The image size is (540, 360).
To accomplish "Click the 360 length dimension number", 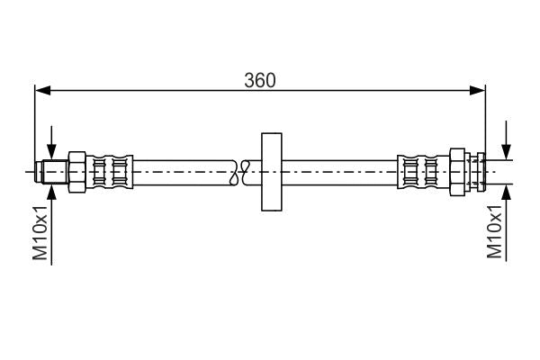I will pos(259,79).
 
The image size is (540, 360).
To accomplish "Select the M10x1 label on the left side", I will pos(40,231).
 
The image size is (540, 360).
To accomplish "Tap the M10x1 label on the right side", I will pos(494,231).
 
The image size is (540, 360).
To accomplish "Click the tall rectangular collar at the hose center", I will pos(271,171).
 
